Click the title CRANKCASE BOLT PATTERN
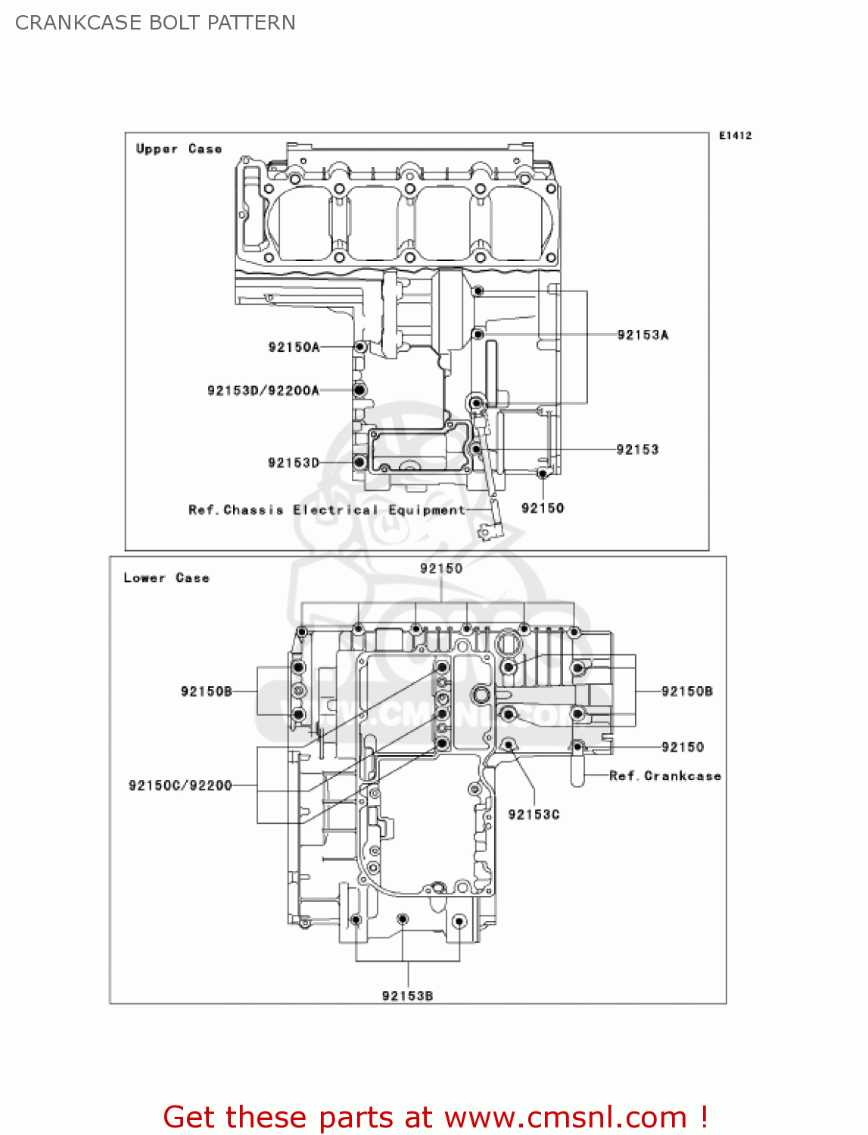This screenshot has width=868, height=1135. (155, 23)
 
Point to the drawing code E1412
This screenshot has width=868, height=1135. (735, 135)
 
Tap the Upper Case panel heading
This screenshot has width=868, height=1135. (179, 149)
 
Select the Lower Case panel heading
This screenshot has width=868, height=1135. (166, 578)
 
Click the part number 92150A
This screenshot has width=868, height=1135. (294, 347)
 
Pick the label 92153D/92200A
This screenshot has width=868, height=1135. (263, 390)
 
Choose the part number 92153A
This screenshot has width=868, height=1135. (642, 335)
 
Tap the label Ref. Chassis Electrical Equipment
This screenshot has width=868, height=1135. (326, 510)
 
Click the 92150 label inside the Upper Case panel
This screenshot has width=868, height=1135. (543, 508)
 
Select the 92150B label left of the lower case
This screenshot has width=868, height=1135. (206, 692)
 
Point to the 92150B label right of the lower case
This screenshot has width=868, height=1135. (686, 692)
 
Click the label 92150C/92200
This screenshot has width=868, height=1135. (180, 785)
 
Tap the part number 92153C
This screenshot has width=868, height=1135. (534, 814)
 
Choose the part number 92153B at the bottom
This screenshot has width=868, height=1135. (407, 996)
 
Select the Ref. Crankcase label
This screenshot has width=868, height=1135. (664, 776)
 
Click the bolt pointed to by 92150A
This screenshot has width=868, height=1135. (361, 347)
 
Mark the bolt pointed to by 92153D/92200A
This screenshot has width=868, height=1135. (360, 390)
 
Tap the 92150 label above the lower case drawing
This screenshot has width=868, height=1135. (440, 568)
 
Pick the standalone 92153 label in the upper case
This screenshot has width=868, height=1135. (637, 449)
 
